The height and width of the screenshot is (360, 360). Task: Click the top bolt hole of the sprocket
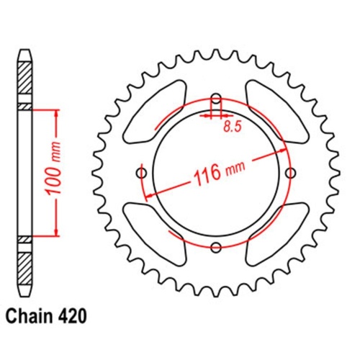click(216, 99)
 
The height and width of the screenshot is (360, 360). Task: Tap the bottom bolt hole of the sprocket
click(216, 247)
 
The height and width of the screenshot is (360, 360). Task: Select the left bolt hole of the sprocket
click(141, 173)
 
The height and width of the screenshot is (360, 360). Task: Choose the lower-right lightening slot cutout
click(274, 232)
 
